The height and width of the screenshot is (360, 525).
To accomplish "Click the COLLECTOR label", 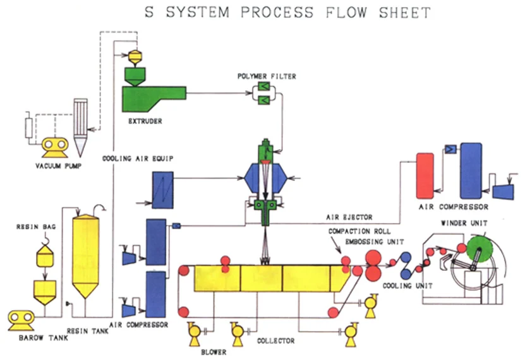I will click(275, 342).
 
